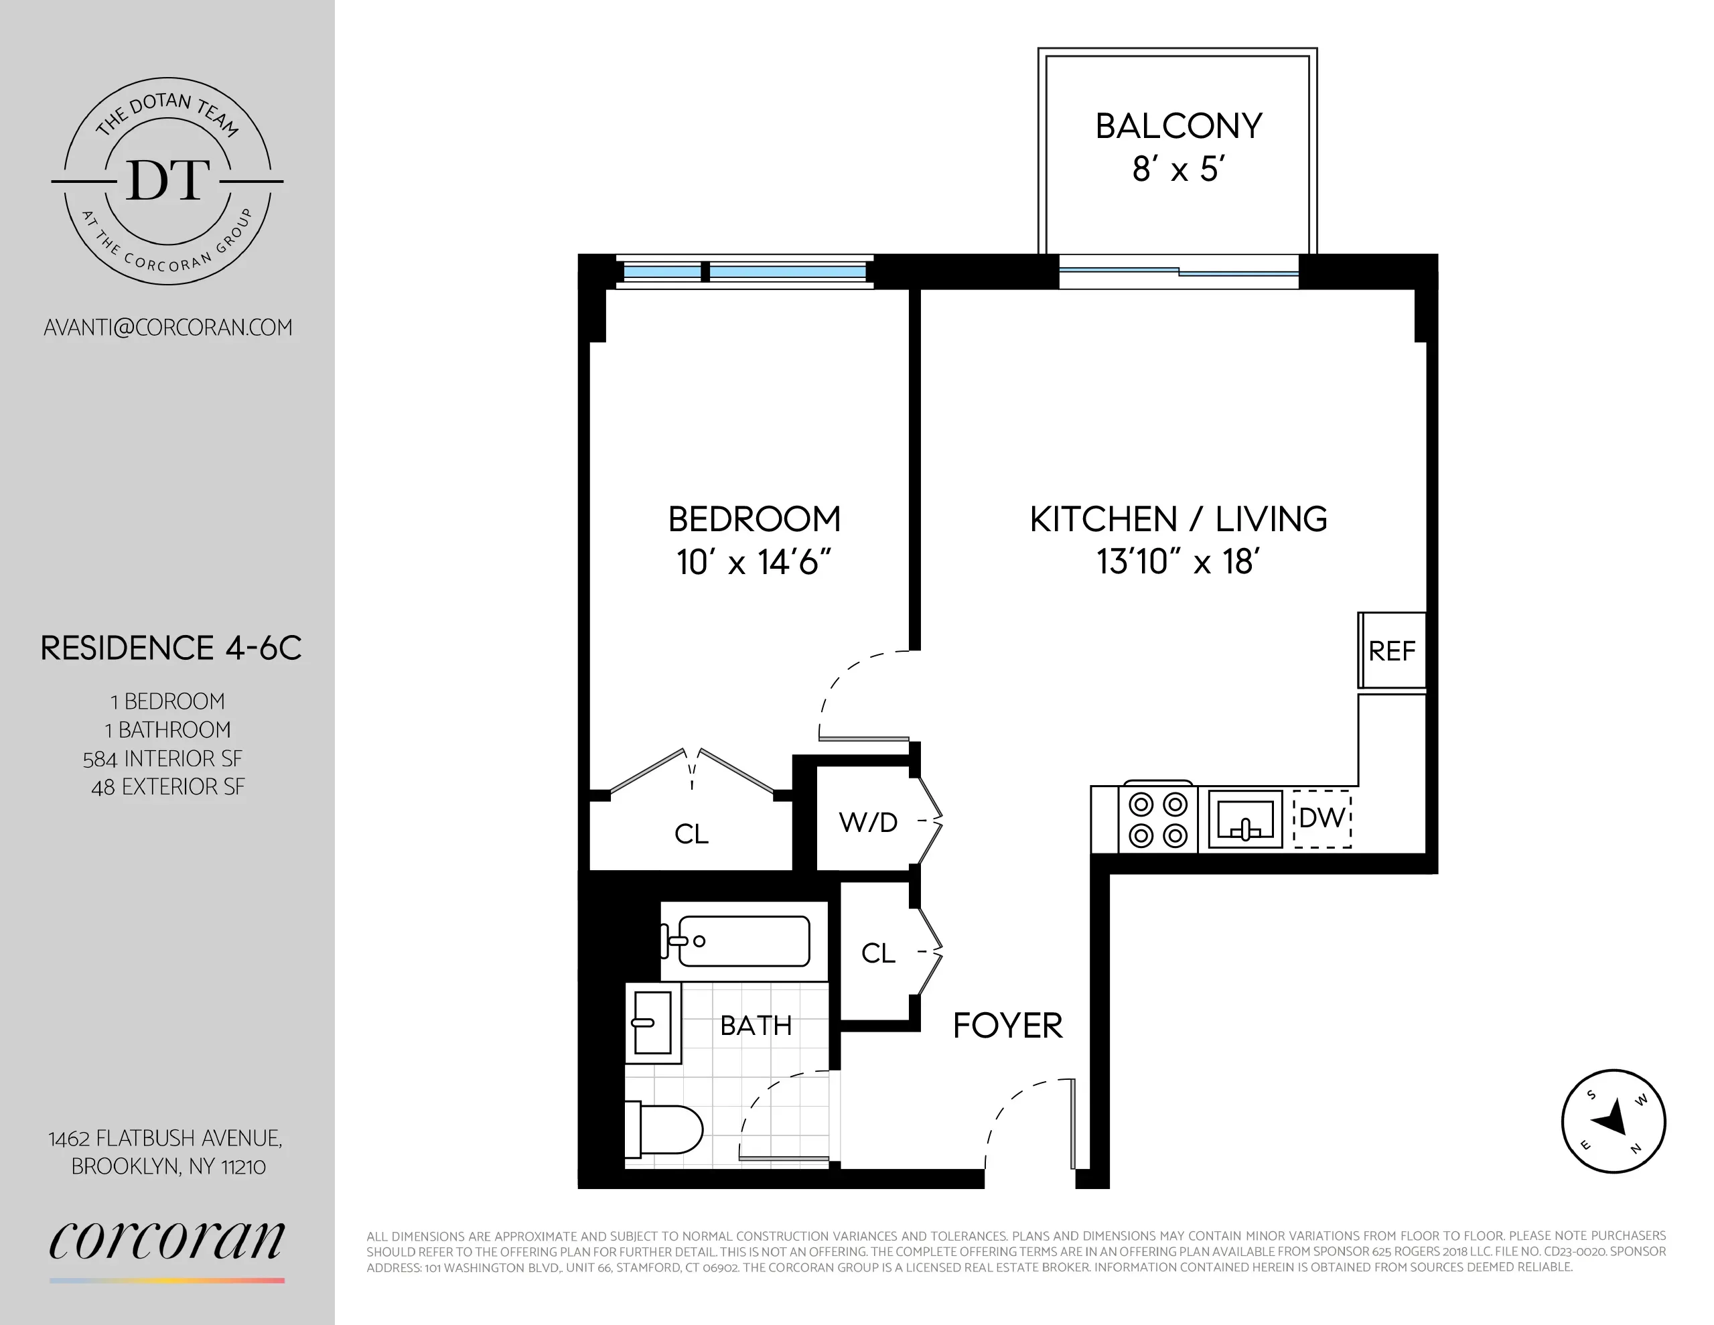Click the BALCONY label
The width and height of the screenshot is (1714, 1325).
[x=1178, y=127]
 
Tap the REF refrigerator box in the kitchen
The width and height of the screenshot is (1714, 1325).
[x=1391, y=650]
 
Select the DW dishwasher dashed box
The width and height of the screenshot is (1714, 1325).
[x=1322, y=819]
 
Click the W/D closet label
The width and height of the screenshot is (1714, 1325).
[x=867, y=822]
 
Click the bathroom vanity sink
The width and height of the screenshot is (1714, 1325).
[x=653, y=1022]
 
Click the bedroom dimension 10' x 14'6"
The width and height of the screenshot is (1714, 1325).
[x=754, y=563]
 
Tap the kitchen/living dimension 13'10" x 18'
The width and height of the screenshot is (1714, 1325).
[x=1178, y=563]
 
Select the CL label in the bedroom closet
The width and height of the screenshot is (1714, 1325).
[x=691, y=833]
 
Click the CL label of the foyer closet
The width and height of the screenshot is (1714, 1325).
[x=877, y=953]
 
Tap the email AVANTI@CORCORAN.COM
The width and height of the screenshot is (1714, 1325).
[x=168, y=328]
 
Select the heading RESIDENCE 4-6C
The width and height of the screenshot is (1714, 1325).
[x=170, y=648]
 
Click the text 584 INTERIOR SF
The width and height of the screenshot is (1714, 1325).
[x=163, y=758]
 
